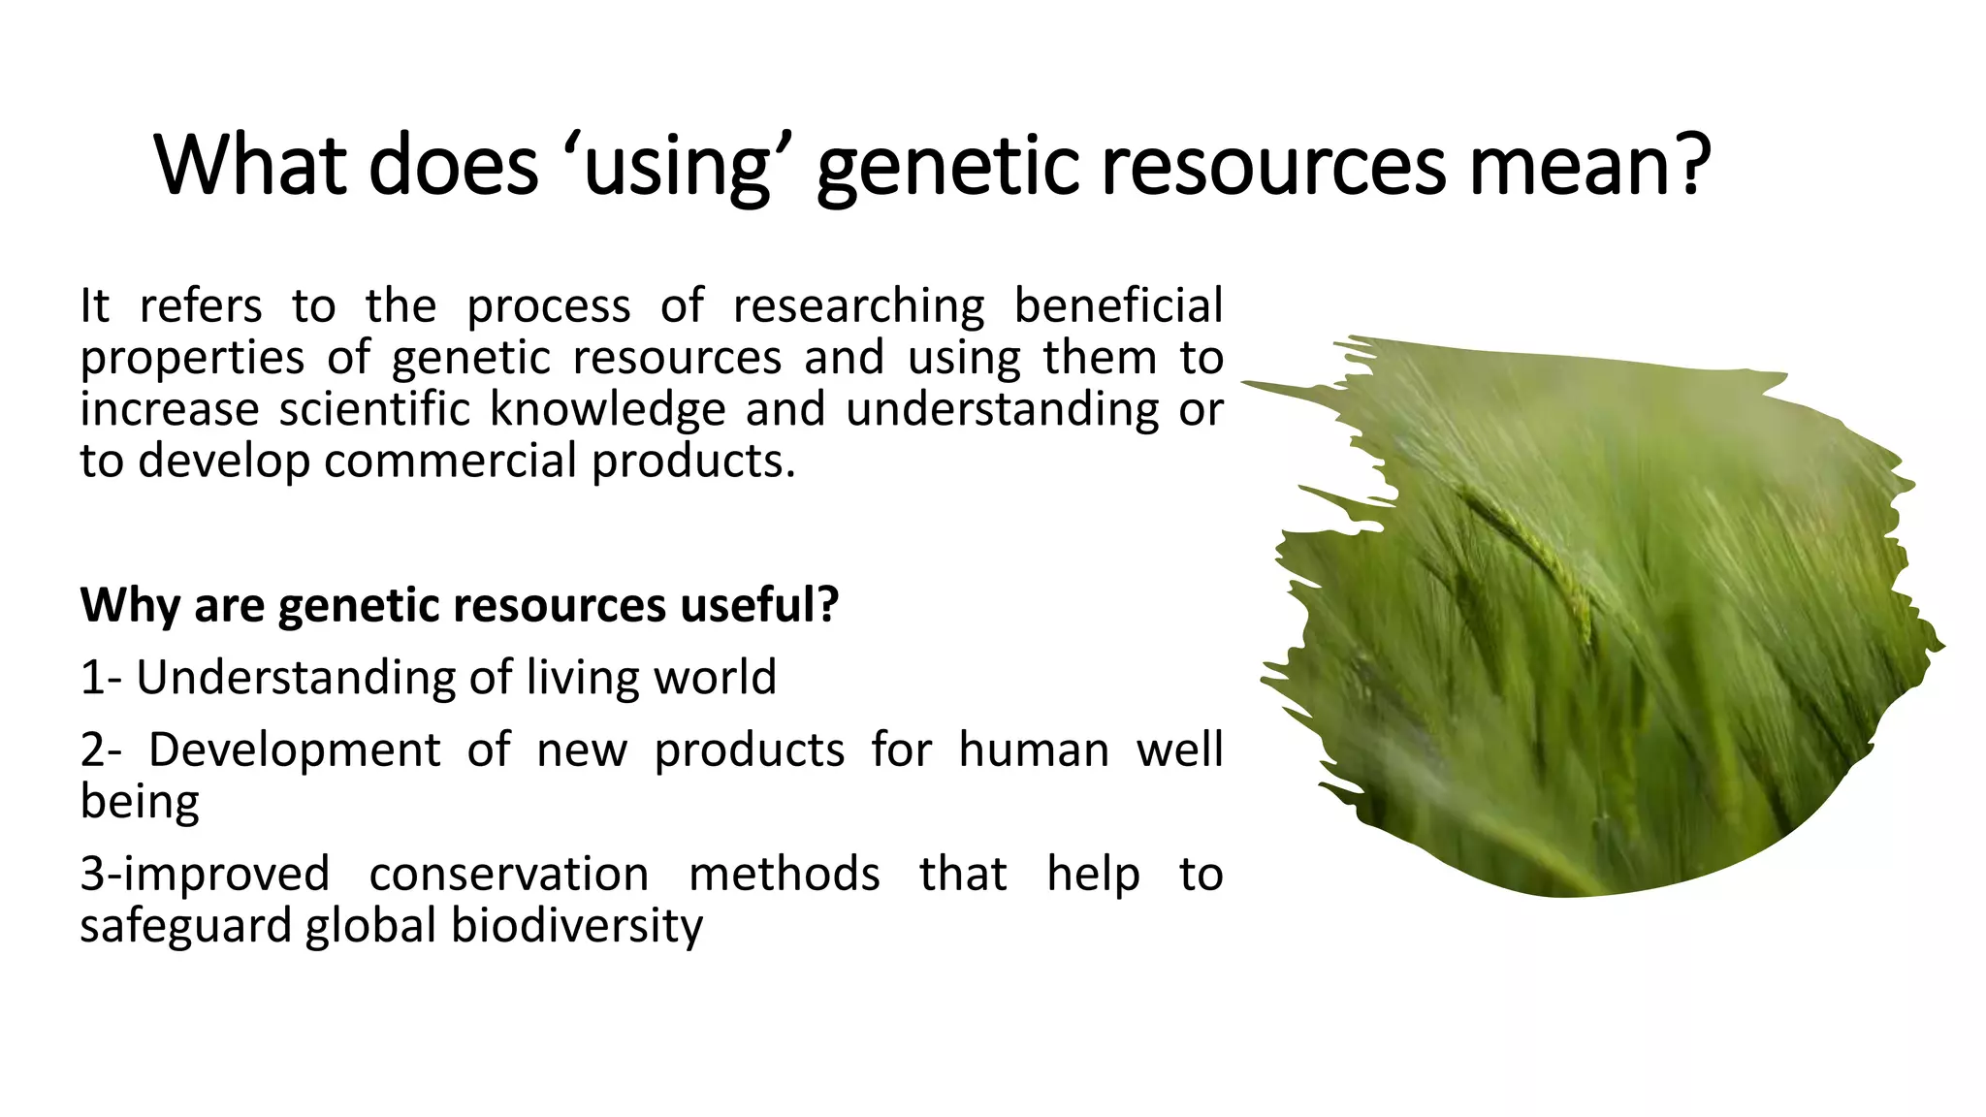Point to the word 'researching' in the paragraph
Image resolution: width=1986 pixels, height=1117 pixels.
click(x=858, y=307)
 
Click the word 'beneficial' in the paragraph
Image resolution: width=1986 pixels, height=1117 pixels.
click(x=1117, y=305)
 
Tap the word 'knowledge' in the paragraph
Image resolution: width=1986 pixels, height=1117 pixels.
click(x=607, y=409)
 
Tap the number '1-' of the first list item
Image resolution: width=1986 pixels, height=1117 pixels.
click(x=100, y=677)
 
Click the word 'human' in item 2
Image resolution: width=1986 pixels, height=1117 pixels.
click(x=1033, y=750)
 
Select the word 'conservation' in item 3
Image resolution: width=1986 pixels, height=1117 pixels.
click(x=508, y=875)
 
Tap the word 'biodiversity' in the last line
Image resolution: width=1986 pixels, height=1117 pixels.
click(x=576, y=926)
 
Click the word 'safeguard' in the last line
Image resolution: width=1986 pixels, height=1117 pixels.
click(x=184, y=926)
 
